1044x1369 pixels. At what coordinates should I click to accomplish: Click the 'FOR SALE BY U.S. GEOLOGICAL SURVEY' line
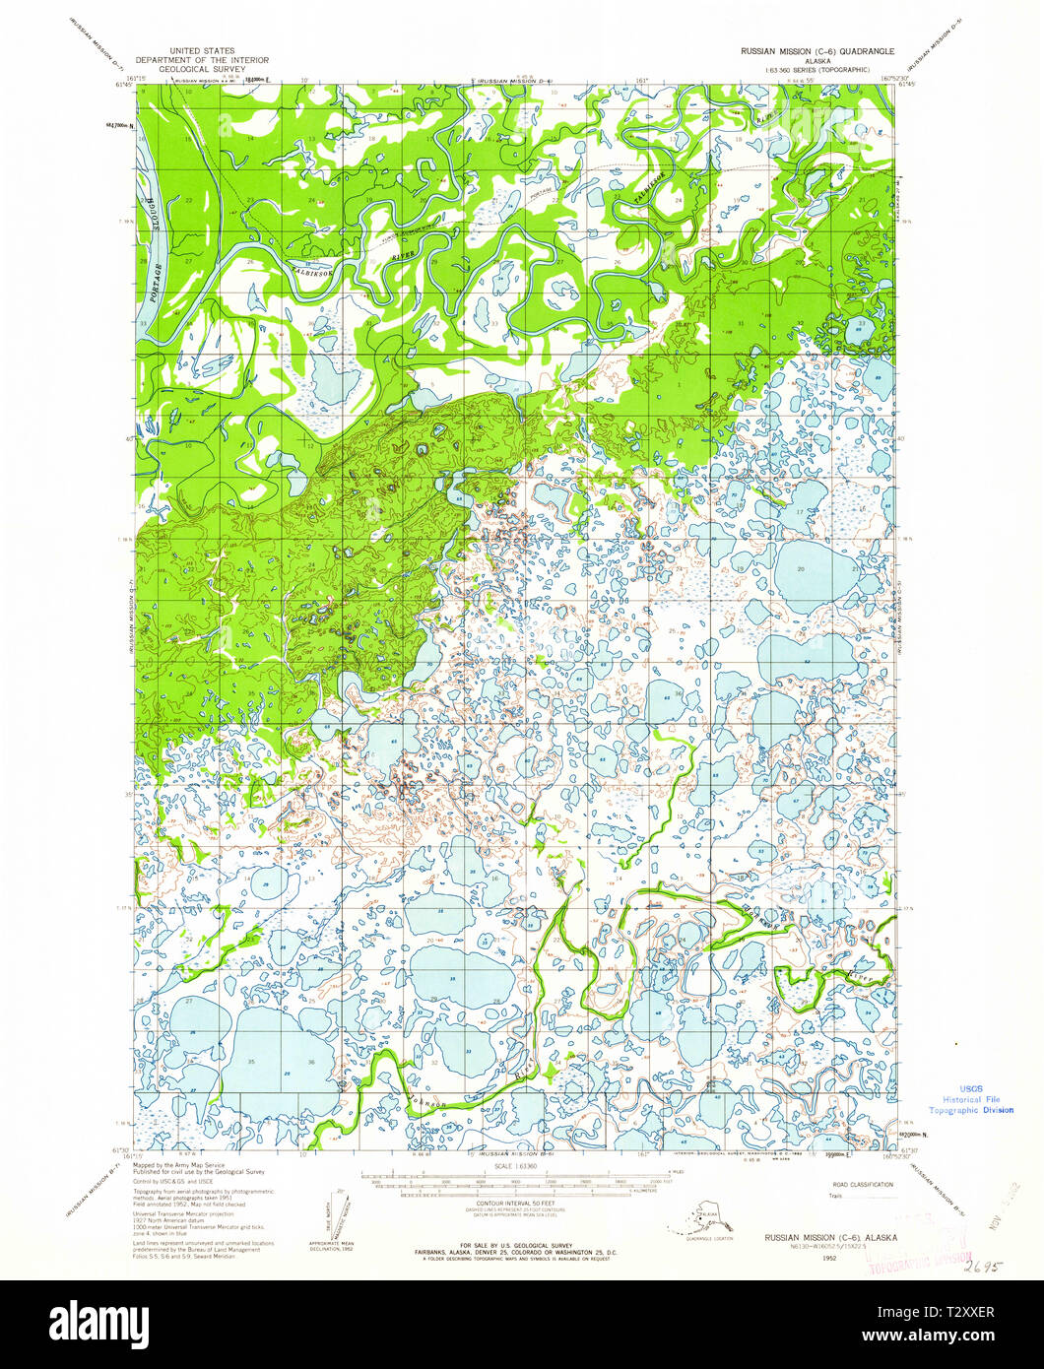pos(515,1246)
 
